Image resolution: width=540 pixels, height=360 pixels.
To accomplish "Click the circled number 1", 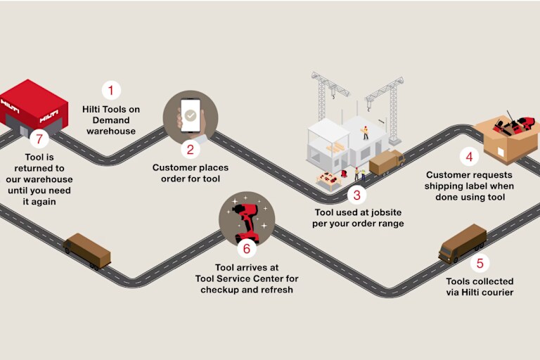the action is [x=111, y=90].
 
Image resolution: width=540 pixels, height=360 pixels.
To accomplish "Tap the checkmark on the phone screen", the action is [x=191, y=115].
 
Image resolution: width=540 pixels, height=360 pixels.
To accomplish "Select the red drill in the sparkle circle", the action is [x=247, y=222].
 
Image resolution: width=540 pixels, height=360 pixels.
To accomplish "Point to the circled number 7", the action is [x=39, y=139].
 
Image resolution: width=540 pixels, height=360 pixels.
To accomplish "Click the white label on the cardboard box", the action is [x=501, y=152].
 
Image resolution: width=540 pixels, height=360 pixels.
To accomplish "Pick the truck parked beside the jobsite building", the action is [x=387, y=162].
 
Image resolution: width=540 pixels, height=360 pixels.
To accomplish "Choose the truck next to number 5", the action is [x=462, y=244].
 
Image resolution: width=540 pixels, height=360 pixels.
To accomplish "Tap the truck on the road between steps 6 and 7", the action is [x=87, y=251].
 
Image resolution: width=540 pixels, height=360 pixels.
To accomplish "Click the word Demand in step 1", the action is [x=111, y=120].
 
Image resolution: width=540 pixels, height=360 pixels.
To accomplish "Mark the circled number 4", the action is [x=469, y=157].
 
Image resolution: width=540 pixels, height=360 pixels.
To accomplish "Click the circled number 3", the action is [x=356, y=195].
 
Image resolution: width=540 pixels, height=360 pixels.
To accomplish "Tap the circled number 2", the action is [x=191, y=150].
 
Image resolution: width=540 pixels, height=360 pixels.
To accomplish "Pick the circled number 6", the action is [x=247, y=249].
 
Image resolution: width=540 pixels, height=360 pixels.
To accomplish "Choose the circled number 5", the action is [x=480, y=263].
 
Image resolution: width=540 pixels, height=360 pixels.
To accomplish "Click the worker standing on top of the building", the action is [x=366, y=133].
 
